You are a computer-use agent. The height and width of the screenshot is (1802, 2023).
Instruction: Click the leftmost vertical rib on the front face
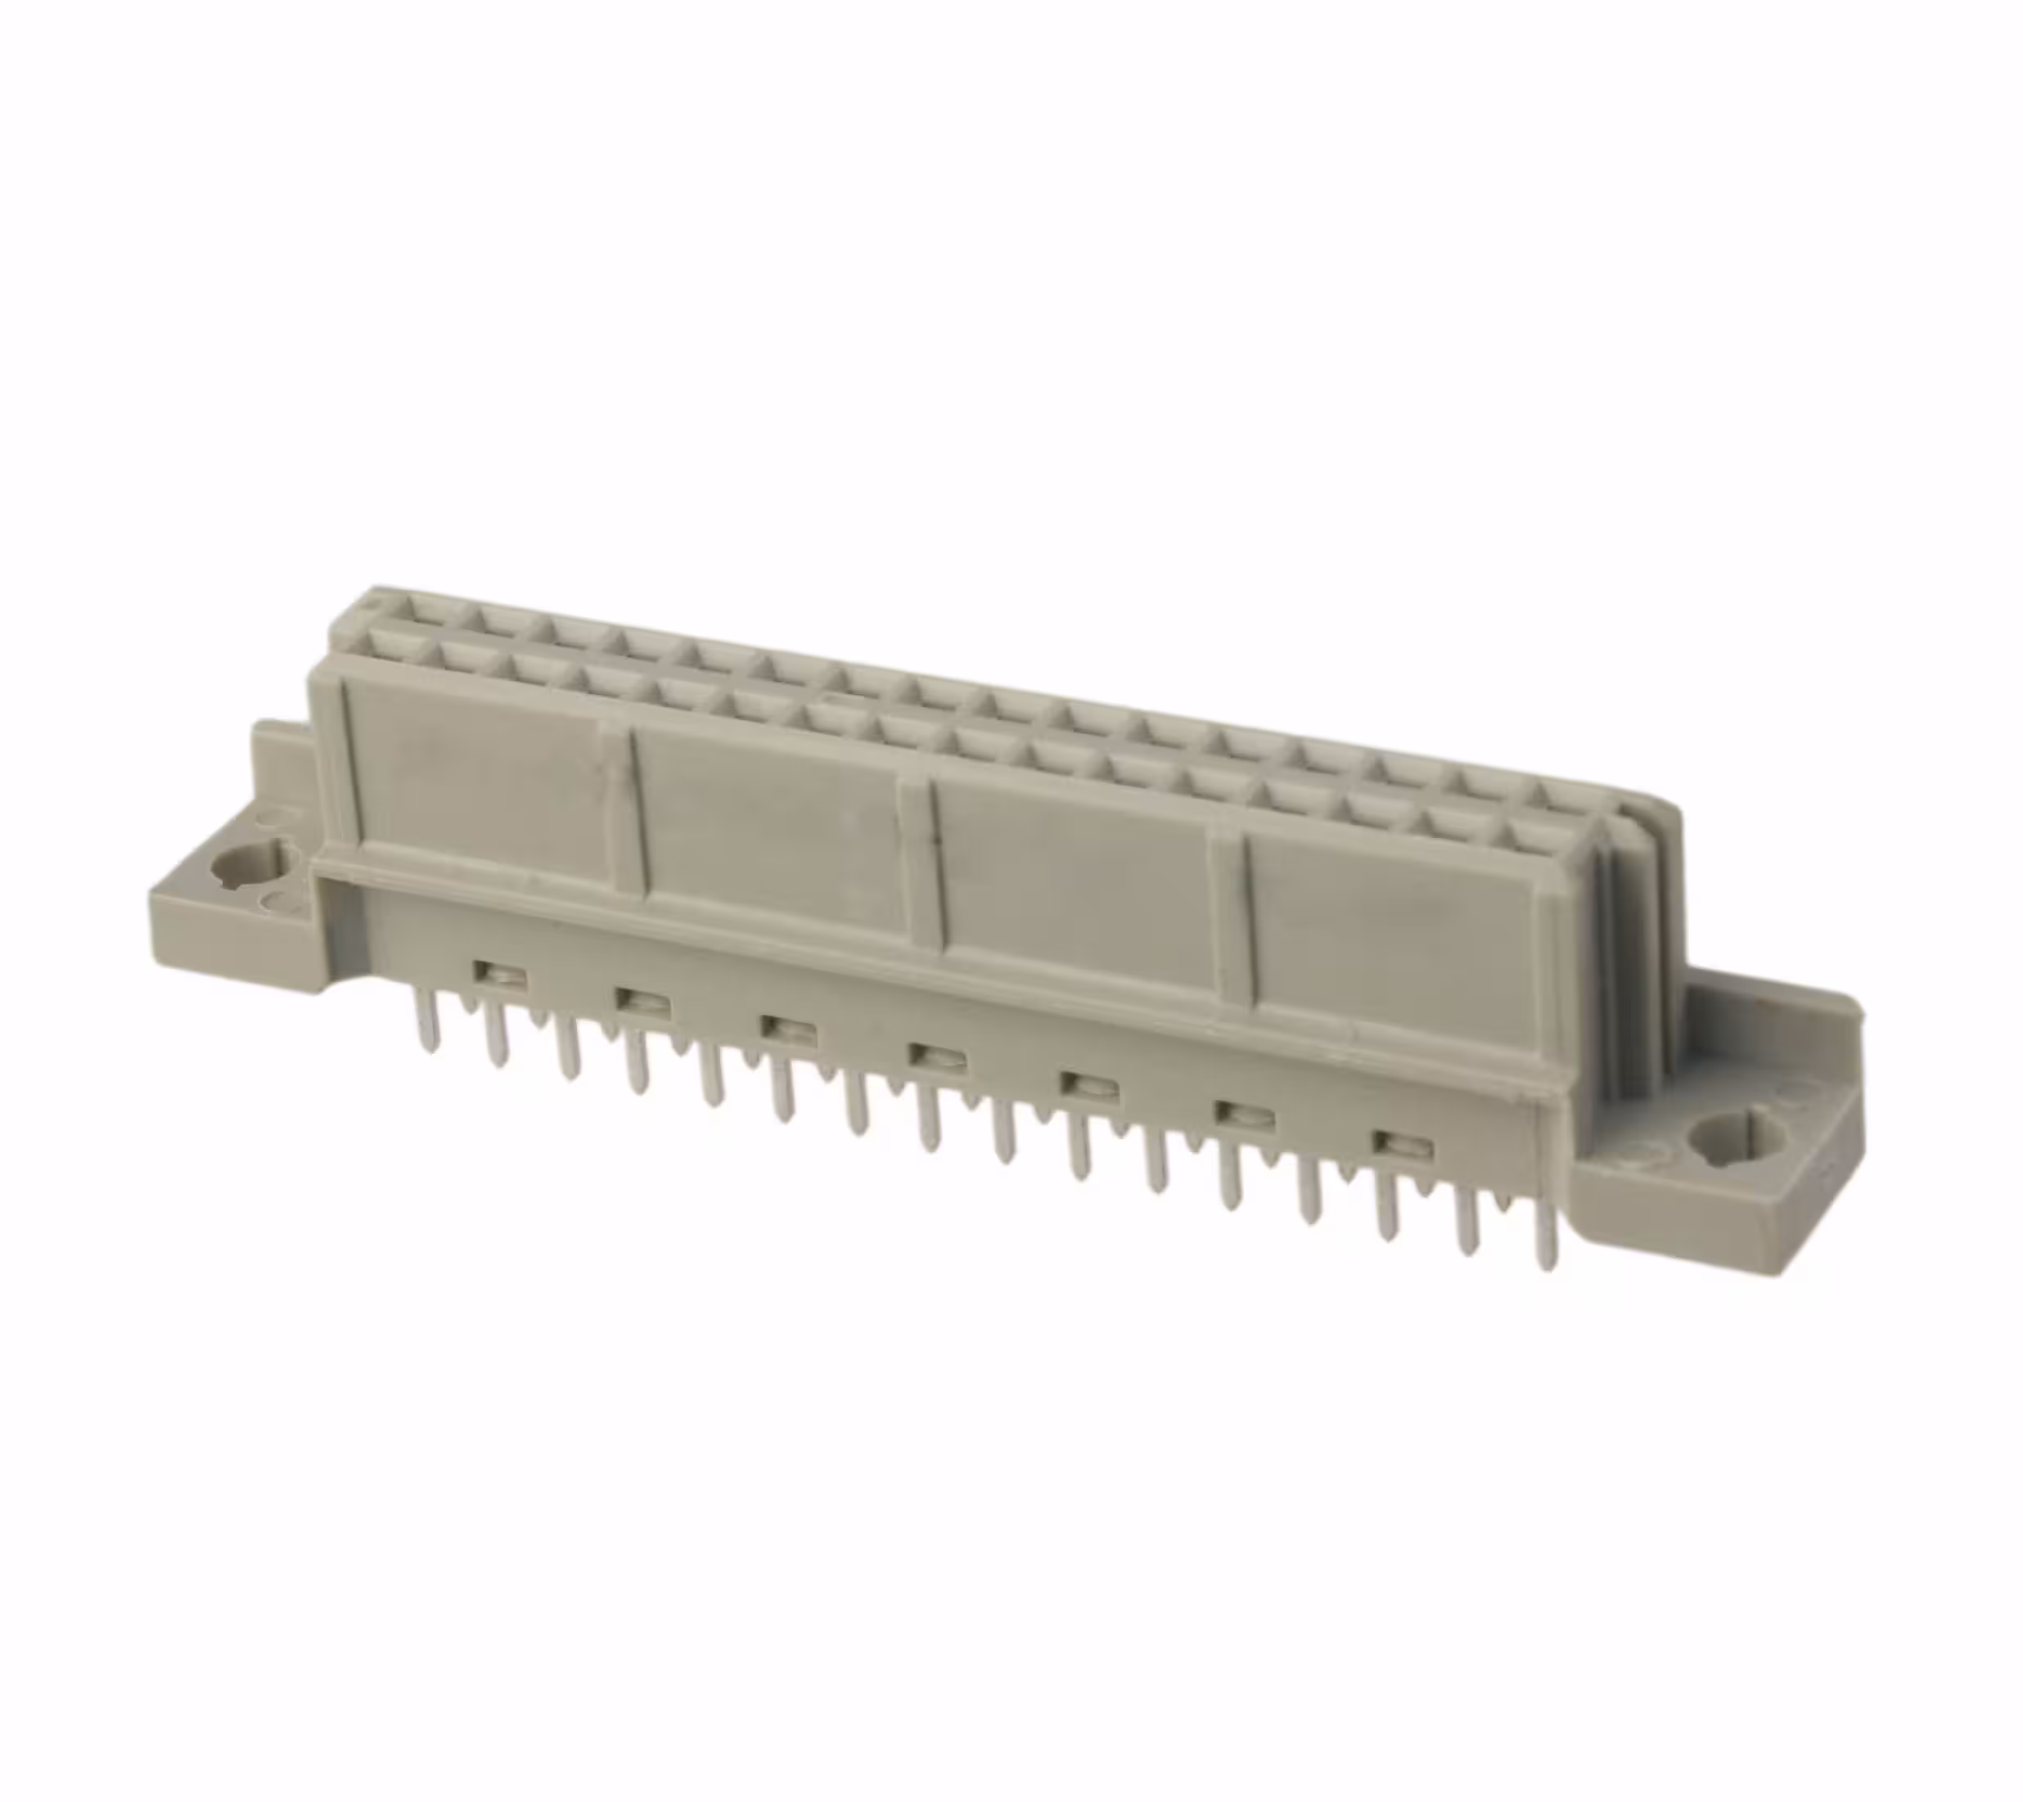coord(345,763)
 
